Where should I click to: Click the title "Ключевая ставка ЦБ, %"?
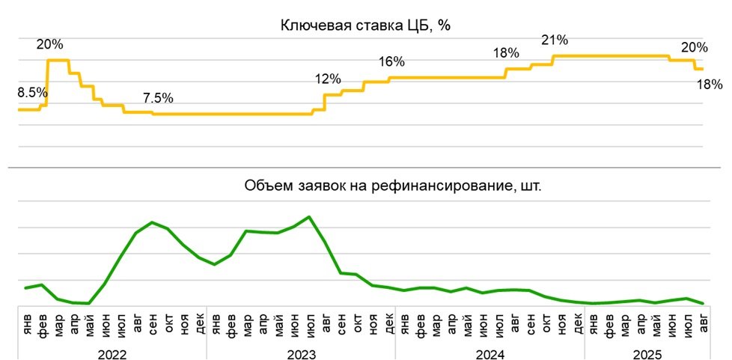pos(365,25)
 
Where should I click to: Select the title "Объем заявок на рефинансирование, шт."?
pos(392,186)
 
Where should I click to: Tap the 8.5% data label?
pos(32,94)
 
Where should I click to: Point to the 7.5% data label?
pos(158,98)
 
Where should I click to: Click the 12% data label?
pos(328,79)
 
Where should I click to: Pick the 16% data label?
pos(391,61)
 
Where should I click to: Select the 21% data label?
pos(555,40)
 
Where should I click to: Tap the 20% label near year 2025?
pos(694,48)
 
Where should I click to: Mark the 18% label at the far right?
pos(710,85)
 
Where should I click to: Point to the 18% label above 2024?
pos(506,53)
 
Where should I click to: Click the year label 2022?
pos(112,353)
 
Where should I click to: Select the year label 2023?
pos(301,353)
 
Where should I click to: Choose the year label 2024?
pos(489,353)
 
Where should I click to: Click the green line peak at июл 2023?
pos(309,217)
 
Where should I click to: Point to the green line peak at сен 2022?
pos(152,222)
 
